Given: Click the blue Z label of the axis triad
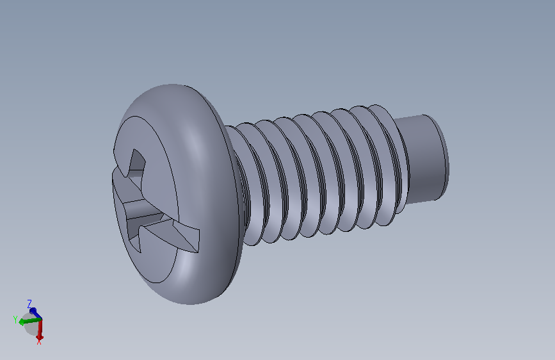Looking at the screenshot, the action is [x=29, y=304].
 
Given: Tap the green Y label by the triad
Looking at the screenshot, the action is [x=15, y=320].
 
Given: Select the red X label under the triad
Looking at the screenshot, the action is [x=39, y=342].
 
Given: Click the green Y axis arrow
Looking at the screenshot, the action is [x=30, y=321].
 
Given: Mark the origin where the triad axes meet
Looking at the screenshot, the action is [x=42, y=320].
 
